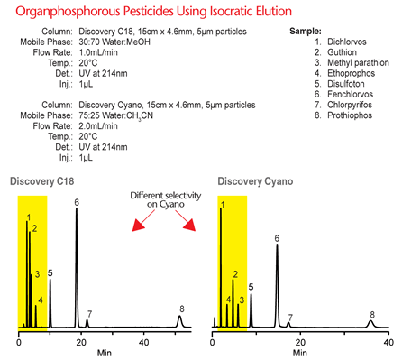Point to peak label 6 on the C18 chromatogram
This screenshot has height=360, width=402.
77,202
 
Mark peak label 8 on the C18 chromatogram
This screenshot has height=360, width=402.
181,309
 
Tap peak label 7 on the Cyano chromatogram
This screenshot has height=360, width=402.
289,317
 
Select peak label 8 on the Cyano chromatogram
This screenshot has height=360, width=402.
371,314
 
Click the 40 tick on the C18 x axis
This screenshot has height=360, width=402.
144,342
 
